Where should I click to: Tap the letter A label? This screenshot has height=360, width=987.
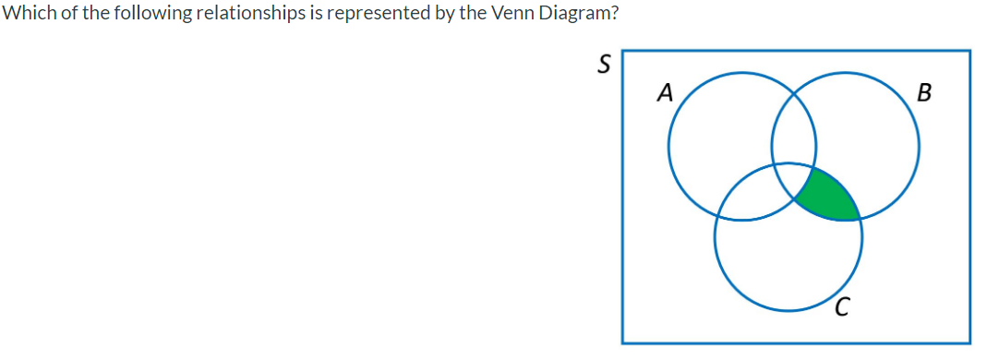pos(663,92)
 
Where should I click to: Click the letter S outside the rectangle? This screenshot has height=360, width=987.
pos(604,65)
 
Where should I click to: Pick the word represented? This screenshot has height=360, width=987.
pos(338,15)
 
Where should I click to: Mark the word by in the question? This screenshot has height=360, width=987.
pos(403,15)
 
